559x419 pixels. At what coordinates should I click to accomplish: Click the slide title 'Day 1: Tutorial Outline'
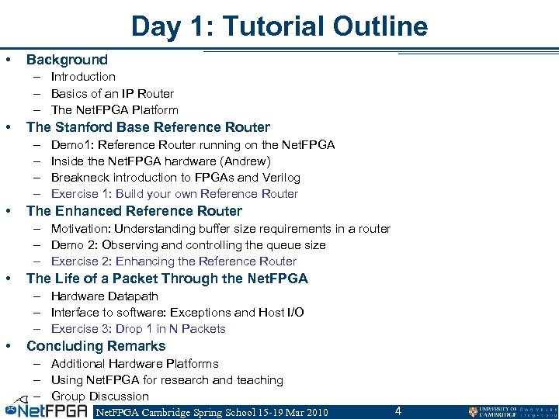coord(279,26)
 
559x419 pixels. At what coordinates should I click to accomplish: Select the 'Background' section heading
coord(67,60)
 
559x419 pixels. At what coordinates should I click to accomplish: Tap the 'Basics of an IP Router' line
coord(112,93)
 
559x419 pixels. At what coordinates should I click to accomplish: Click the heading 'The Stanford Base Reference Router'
coord(148,127)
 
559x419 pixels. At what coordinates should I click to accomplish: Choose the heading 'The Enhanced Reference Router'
coord(134,211)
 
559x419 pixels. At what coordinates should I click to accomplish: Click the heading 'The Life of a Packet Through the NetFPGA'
coord(167,279)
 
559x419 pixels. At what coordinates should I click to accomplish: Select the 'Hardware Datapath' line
coord(104,296)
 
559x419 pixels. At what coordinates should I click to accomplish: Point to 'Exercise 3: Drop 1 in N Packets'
coord(138,329)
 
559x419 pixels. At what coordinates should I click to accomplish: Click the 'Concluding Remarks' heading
coord(95,346)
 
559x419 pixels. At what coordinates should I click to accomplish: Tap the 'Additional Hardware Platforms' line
coord(134,363)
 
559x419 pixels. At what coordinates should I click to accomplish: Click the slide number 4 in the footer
coord(398,410)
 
